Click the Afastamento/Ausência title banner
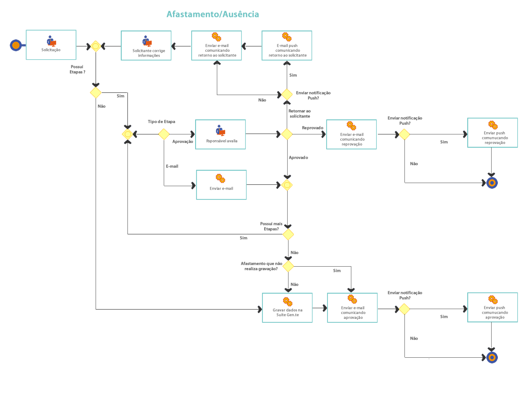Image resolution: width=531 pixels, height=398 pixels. pos(213,14)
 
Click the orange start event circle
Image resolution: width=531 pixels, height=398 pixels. pos(16,45)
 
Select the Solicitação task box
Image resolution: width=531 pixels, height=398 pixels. pos(51,45)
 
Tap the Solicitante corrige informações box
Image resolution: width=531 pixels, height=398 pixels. pos(146,46)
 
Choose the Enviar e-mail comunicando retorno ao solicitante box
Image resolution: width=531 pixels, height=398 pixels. pos(217,46)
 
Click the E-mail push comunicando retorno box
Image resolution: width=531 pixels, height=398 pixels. pos(287,46)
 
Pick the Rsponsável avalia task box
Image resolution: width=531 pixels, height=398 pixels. pos(220,134)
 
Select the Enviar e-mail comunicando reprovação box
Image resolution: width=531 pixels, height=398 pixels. pos(352,134)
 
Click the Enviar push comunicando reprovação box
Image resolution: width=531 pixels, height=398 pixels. pos(493,133)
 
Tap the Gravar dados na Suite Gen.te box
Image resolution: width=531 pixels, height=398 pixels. pos(287,307)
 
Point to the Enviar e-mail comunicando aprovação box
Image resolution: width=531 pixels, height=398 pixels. pos(352,307)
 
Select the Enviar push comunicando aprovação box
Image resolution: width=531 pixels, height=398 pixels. pos(493,307)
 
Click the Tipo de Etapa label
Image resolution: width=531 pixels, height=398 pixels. pos(162,122)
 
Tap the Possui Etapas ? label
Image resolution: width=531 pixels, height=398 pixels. pos(77,69)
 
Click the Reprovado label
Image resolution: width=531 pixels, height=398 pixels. pos(312,128)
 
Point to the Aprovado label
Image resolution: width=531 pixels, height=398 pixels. pos(299,157)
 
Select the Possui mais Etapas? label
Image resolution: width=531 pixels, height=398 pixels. pos(271,226)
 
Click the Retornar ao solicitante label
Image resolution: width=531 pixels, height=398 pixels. pos(299,113)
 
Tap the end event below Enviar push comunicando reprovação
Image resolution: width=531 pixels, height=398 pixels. pos(492,183)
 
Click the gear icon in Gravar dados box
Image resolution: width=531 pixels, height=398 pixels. pos(288,302)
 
